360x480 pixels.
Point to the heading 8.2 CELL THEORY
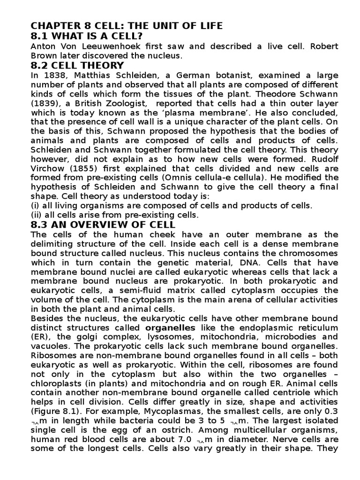coord(77,65)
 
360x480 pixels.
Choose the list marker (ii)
coord(37,215)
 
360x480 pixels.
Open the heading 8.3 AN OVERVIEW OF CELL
coord(103,225)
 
